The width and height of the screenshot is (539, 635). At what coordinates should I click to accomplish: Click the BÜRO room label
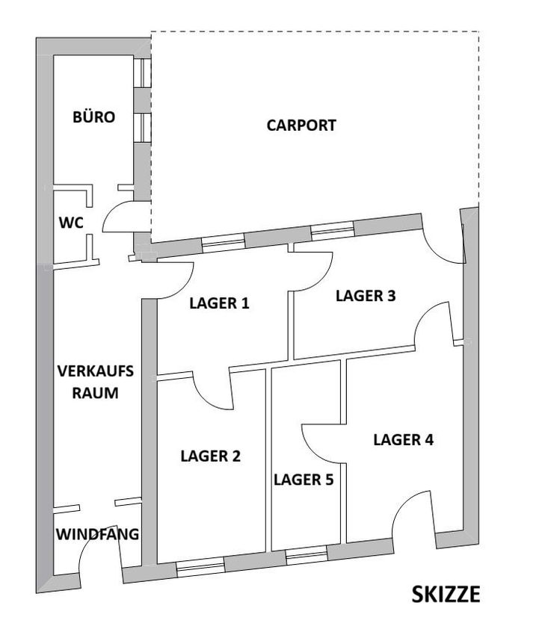(94, 117)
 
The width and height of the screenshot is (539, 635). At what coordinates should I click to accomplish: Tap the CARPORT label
(301, 126)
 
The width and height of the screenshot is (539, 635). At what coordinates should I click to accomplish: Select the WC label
(71, 223)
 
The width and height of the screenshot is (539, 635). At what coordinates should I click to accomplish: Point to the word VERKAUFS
(96, 371)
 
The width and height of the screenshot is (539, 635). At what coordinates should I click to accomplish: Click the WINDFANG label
(98, 534)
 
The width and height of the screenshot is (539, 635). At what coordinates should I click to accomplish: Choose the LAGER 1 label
(219, 303)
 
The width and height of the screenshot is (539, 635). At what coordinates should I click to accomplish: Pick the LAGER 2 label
(210, 456)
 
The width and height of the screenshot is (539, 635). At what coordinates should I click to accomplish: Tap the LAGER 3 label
(366, 296)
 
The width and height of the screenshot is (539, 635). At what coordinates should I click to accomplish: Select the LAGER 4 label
(403, 440)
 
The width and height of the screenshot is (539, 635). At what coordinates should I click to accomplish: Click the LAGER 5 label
(304, 480)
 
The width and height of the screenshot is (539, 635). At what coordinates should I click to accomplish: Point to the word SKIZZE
(446, 595)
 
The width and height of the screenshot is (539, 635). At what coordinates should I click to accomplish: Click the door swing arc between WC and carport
(117, 217)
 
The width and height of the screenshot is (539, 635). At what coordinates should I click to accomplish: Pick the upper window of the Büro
(143, 73)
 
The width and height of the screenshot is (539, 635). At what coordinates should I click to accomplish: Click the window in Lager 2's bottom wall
(200, 566)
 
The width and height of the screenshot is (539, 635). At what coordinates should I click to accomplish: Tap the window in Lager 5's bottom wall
(307, 555)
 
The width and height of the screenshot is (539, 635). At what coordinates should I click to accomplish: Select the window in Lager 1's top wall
(224, 241)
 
